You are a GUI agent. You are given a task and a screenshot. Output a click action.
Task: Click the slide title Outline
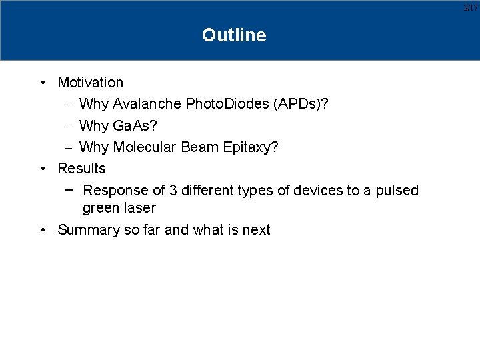234,35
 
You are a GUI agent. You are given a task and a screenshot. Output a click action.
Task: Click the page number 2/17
471,7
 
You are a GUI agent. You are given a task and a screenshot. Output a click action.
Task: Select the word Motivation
91,83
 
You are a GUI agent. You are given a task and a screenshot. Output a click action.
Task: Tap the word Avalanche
147,104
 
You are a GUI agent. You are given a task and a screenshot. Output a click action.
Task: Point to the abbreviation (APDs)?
299,104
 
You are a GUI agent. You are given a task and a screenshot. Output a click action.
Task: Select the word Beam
198,147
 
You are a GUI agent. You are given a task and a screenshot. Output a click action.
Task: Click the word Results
81,168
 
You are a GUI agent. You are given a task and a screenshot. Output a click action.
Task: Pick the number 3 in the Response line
173,191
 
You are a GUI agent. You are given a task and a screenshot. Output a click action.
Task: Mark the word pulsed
397,191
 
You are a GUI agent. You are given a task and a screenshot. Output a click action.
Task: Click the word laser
140,208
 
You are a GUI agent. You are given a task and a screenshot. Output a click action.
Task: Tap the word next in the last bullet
256,230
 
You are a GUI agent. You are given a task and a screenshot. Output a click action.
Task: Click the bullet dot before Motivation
43,83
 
